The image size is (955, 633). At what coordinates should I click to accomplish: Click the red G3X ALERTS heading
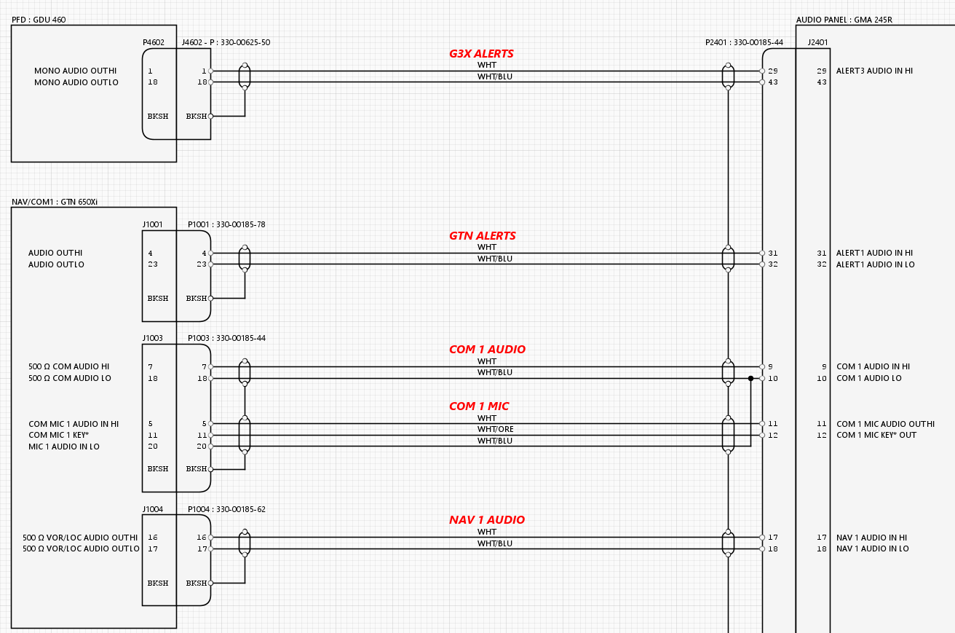tap(481, 54)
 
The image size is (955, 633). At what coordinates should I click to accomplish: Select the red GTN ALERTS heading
tap(483, 236)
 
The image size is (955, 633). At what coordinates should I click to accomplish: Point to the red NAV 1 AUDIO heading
tap(487, 520)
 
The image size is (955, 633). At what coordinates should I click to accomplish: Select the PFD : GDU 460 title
tap(39, 20)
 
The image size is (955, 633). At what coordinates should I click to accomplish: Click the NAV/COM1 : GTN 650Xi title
tap(55, 202)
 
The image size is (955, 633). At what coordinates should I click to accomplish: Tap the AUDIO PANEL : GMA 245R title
tap(844, 20)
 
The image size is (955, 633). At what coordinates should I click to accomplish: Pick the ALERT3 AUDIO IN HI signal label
tap(874, 71)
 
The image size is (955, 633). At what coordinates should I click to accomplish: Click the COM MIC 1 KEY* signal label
tap(59, 435)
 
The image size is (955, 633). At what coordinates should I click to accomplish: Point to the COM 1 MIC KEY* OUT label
tap(876, 435)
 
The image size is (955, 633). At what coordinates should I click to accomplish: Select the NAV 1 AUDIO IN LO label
tap(872, 549)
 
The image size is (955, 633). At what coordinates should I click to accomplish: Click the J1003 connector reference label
tap(153, 339)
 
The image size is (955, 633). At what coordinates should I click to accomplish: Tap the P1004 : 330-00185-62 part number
tap(226, 509)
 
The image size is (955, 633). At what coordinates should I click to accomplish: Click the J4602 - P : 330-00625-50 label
tap(226, 42)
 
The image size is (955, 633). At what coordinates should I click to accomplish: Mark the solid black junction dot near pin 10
tap(750, 378)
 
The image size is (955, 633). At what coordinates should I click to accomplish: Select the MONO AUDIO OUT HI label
tap(76, 71)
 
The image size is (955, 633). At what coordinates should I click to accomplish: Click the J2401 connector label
tap(817, 42)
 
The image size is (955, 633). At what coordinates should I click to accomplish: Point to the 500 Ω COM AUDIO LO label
tap(70, 378)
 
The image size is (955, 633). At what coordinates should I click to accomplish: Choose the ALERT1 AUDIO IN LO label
tap(874, 264)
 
